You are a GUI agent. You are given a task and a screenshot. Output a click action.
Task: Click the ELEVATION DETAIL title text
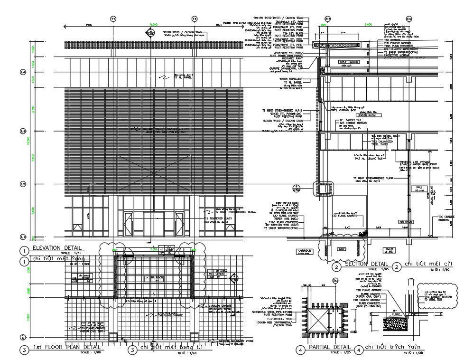coord(56,248)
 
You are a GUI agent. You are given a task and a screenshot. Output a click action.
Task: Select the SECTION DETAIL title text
coord(367,264)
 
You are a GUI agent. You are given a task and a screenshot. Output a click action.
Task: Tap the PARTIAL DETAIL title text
coord(330,348)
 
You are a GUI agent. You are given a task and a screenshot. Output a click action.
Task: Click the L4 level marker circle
coord(22,72)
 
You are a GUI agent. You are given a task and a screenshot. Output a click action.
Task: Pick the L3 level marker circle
coord(22,131)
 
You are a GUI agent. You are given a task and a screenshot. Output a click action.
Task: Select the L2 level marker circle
coord(22,184)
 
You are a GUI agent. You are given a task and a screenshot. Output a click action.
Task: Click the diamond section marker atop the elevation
coord(150,32)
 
